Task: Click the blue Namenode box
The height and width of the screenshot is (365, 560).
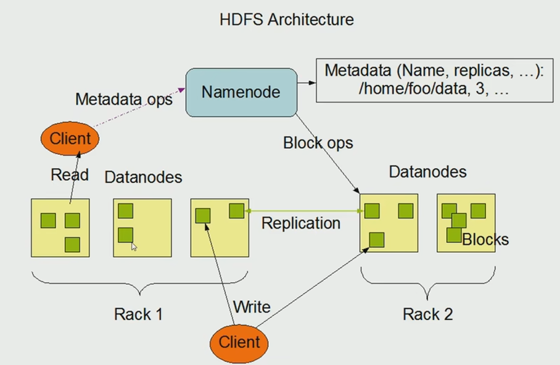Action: pos(241,92)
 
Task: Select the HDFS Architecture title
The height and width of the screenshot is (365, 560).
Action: pos(287,19)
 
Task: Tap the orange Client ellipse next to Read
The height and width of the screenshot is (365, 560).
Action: pos(70,139)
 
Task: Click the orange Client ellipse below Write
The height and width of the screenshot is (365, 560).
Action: pos(239,343)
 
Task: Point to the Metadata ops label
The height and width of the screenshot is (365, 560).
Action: pos(124,99)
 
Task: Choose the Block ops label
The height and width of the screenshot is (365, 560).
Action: pos(318,143)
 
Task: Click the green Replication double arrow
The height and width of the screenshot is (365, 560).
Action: pos(304,211)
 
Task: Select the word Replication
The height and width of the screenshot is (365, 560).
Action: pos(301,223)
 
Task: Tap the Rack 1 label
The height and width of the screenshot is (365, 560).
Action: pos(139,314)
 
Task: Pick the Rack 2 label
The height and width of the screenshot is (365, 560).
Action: pos(428,314)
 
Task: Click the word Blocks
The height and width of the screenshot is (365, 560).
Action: pos(485,239)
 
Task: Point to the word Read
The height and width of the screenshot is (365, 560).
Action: pos(70,174)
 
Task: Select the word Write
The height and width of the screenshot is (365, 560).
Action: pos(252,307)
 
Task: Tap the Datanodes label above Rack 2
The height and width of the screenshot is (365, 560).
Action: pos(427,172)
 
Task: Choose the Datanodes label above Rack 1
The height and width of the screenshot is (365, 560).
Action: pos(143,177)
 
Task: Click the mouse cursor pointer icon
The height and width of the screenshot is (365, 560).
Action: pos(134,247)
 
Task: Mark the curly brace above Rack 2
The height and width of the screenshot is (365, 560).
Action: pos(427,284)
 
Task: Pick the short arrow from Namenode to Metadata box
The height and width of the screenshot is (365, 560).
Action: pos(307,83)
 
